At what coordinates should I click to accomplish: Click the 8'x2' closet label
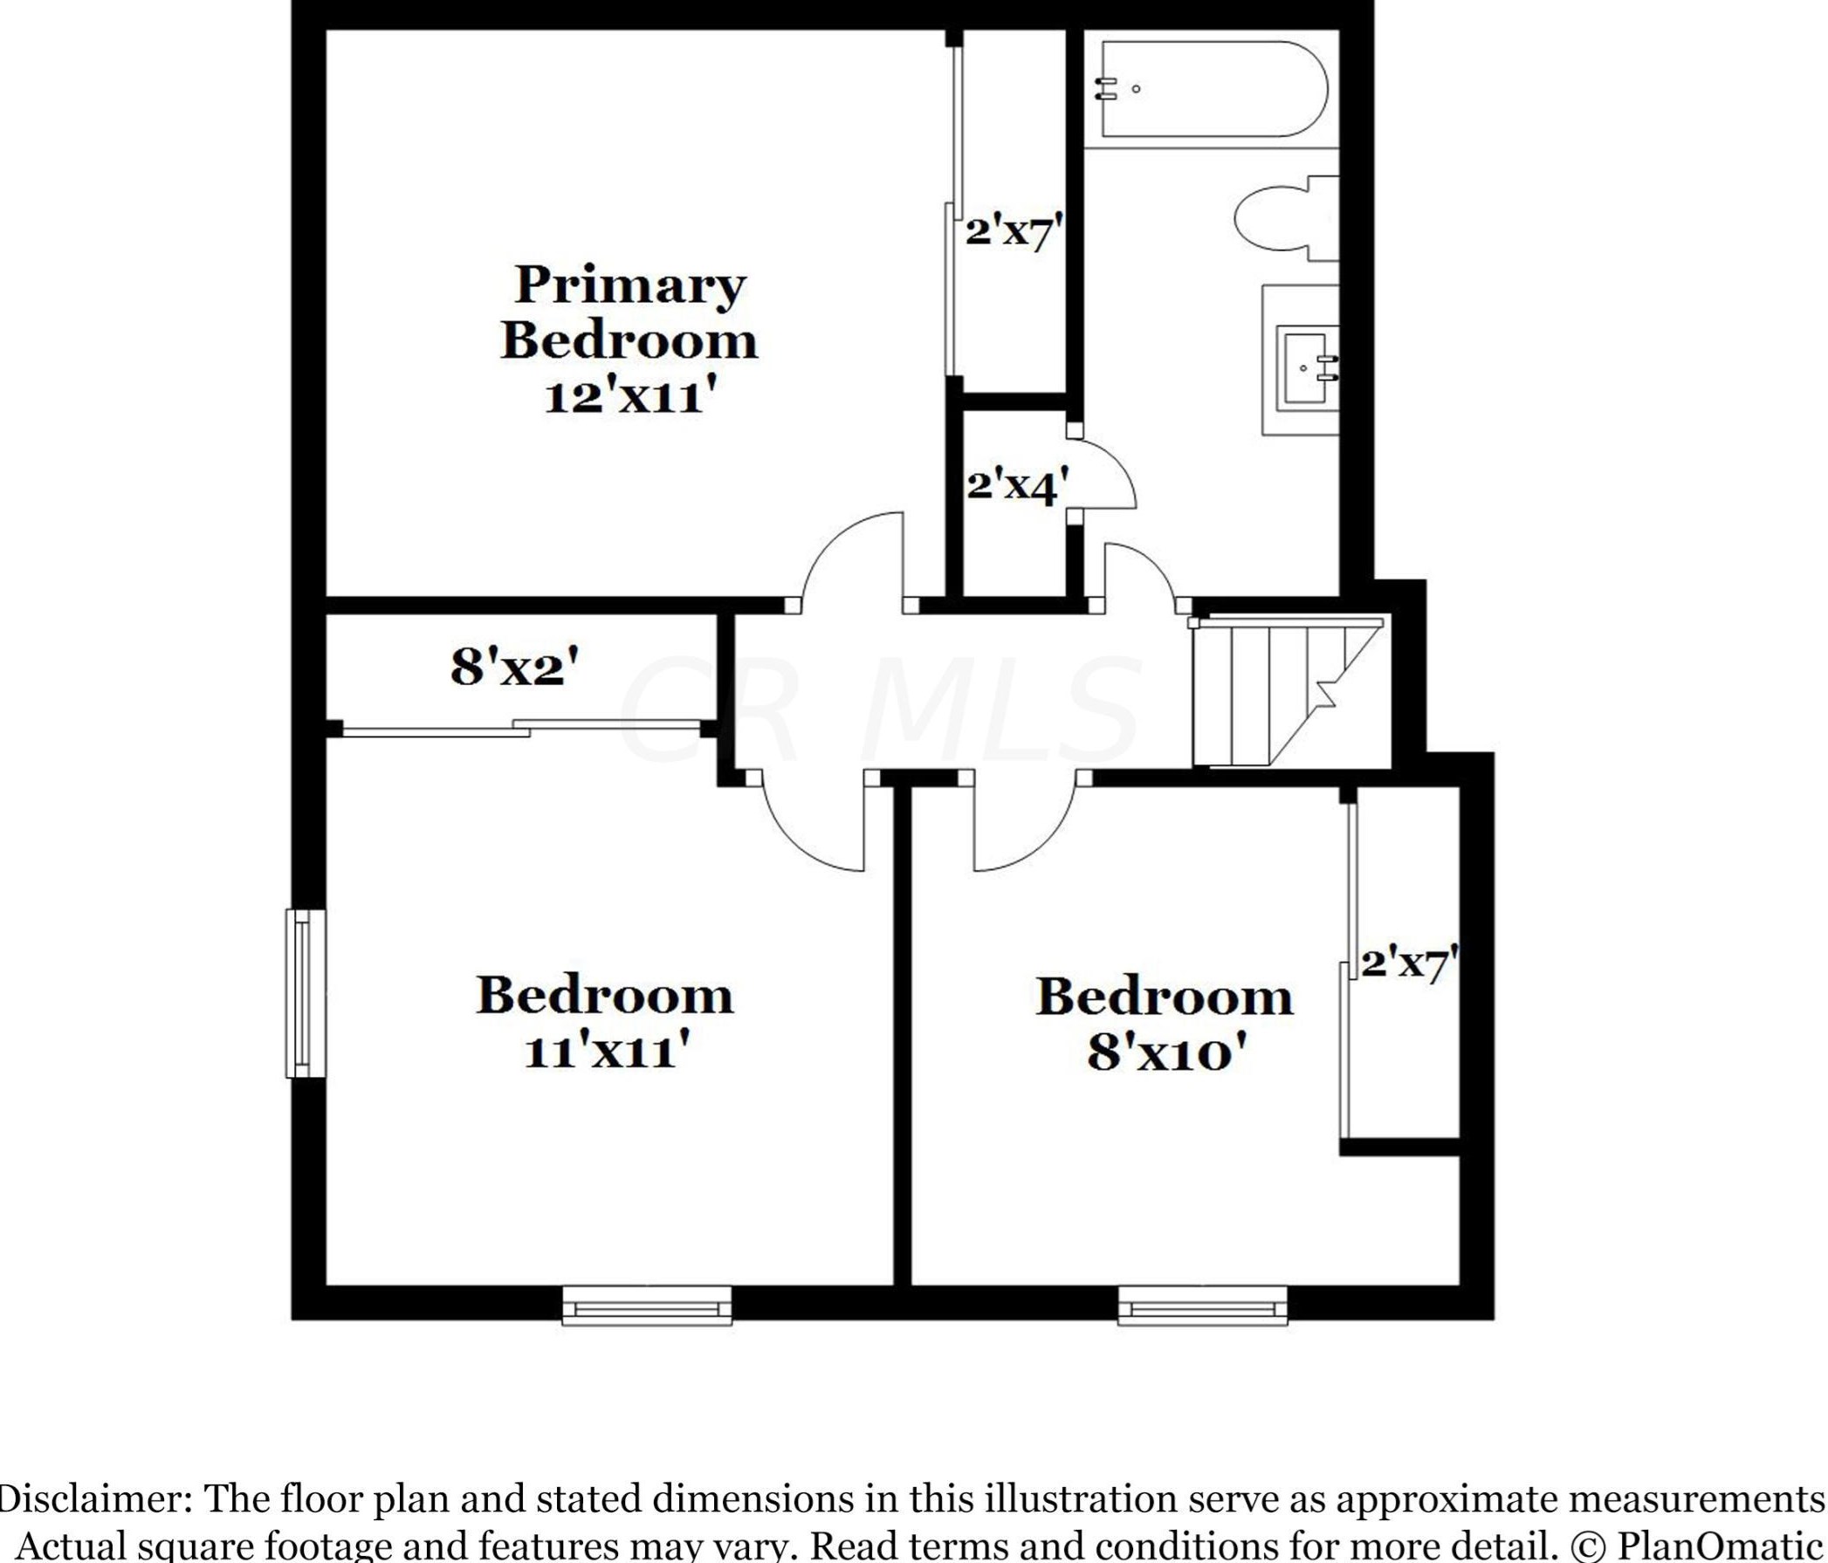(515, 668)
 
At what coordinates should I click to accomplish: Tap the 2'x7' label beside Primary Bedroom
(1010, 232)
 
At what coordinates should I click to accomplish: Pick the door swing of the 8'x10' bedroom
(1023, 827)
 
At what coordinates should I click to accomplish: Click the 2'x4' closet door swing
(1107, 474)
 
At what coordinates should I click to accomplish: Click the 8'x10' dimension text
(1163, 1053)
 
